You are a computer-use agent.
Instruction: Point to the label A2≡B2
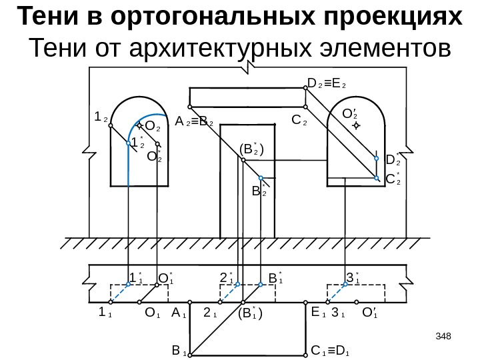(194, 123)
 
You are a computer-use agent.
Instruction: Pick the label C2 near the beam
(299, 122)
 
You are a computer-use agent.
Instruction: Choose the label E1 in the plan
(317, 311)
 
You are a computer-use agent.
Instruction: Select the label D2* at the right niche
(393, 159)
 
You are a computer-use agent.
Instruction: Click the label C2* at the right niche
(393, 178)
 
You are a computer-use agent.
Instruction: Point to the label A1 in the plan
(177, 311)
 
